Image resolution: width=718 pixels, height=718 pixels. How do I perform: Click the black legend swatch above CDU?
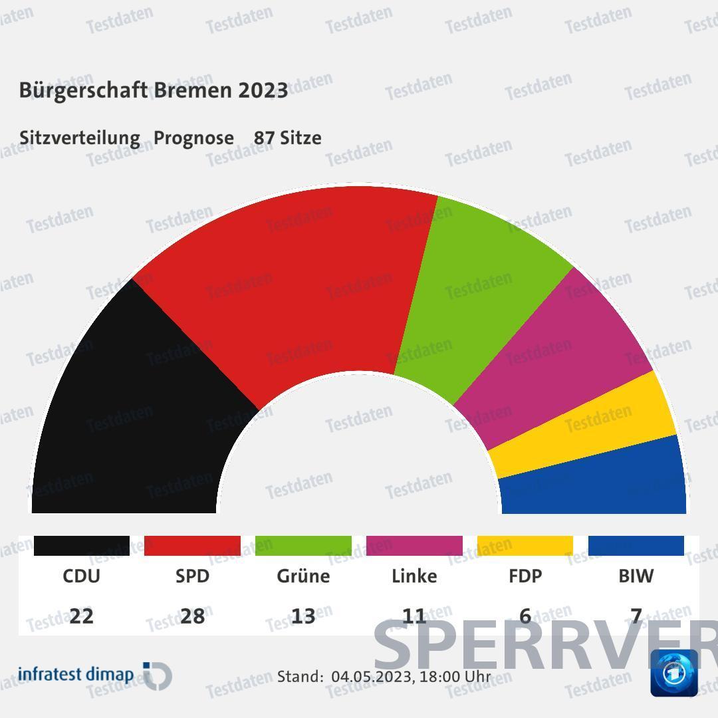(x=81, y=545)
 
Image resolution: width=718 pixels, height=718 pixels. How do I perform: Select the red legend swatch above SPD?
(x=192, y=545)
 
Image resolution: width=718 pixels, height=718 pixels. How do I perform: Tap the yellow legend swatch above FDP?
(x=525, y=545)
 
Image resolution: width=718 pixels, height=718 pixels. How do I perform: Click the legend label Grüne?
(x=303, y=576)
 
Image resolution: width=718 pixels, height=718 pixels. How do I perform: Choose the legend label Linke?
(x=414, y=576)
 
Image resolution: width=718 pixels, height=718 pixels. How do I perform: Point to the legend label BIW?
(x=636, y=576)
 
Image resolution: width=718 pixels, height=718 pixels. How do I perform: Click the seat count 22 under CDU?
(x=81, y=616)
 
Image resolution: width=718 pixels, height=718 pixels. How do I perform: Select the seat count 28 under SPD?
(x=192, y=616)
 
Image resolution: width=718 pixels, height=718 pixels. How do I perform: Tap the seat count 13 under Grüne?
(x=303, y=616)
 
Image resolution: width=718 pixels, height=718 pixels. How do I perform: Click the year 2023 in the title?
(x=263, y=90)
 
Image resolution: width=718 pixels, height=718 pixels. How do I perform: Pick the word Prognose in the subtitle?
(x=193, y=138)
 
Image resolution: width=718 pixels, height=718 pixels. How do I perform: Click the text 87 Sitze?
(x=287, y=138)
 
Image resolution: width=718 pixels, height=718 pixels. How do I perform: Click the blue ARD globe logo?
(x=673, y=673)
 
